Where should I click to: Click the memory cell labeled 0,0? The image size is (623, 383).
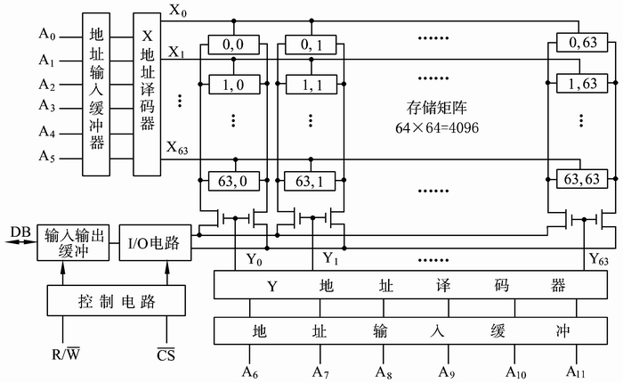[232, 42]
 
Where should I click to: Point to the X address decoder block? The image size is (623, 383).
[148, 94]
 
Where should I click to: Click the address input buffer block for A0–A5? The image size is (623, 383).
[98, 94]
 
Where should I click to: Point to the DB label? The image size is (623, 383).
[19, 232]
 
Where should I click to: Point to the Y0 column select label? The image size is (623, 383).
[255, 260]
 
